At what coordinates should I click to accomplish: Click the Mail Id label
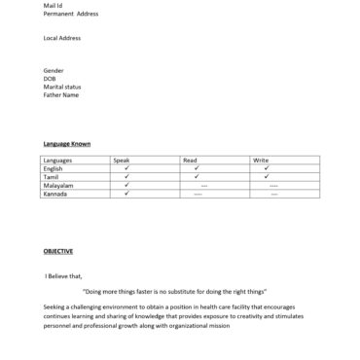pyautogui.click(x=53, y=6)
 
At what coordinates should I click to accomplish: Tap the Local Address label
pyautogui.click(x=62, y=38)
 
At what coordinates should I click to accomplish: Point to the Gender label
pyautogui.click(x=54, y=70)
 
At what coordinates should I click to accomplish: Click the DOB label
pyautogui.click(x=51, y=79)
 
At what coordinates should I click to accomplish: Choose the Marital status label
pyautogui.click(x=61, y=87)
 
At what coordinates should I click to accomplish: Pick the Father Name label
pyautogui.click(x=61, y=95)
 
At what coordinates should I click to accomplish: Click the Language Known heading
pyautogui.click(x=67, y=144)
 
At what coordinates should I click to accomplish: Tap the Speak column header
pyautogui.click(x=122, y=160)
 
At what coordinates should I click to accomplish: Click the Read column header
pyautogui.click(x=191, y=160)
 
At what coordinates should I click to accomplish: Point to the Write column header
pyautogui.click(x=261, y=160)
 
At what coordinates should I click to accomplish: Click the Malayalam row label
pyautogui.click(x=58, y=185)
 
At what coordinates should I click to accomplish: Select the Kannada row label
pyautogui.click(x=55, y=194)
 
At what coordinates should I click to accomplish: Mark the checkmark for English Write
pyautogui.click(x=267, y=168)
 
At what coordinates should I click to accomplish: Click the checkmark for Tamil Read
pyautogui.click(x=197, y=176)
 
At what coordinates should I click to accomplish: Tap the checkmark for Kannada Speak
pyautogui.click(x=126, y=194)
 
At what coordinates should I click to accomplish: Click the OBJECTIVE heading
pyautogui.click(x=58, y=251)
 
